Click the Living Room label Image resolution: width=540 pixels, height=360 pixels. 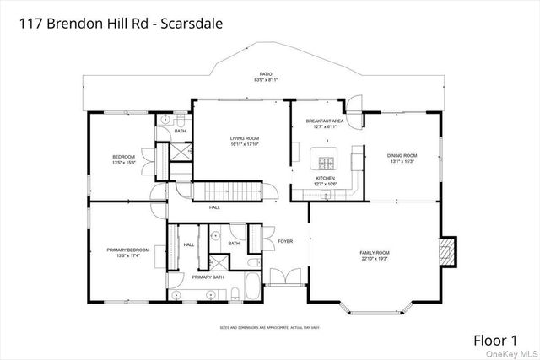pos(245,137)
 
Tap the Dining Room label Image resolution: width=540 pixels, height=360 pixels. pos(402,155)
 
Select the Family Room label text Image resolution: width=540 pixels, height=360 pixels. pos(375,252)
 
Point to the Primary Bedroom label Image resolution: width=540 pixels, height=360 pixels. pos(128,250)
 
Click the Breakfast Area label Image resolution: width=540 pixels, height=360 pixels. pos(325,121)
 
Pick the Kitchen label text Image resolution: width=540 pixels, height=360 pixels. pos(326,179)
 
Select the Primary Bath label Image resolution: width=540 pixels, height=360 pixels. pos(208,277)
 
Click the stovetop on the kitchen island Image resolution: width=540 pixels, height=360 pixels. pos(325,161)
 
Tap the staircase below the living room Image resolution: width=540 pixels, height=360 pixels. pos(230,191)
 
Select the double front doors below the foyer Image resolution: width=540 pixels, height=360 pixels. pos(284,276)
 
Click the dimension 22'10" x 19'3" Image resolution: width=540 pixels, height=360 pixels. pos(375,258)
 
